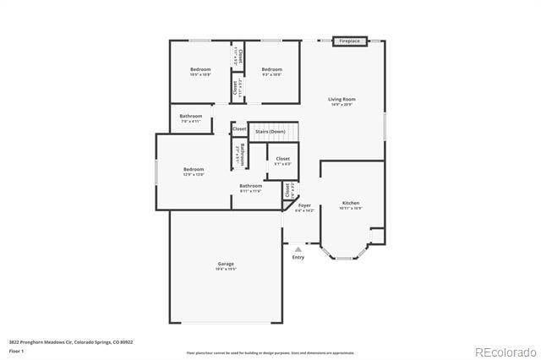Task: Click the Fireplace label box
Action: pyautogui.click(x=350, y=41)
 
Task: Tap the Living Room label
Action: pyautogui.click(x=342, y=99)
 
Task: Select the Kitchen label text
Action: pyautogui.click(x=351, y=203)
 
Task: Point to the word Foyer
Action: pyautogui.click(x=304, y=205)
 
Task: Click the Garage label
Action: pyautogui.click(x=225, y=264)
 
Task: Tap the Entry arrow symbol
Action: pyautogui.click(x=298, y=249)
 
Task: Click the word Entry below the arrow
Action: pyautogui.click(x=298, y=258)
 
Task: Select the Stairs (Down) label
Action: pyautogui.click(x=272, y=132)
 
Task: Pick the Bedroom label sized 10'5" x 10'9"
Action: pyautogui.click(x=200, y=69)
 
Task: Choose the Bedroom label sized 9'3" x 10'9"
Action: pyautogui.click(x=270, y=69)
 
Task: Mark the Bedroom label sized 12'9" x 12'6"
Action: pyautogui.click(x=194, y=169)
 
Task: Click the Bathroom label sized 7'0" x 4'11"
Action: pyautogui.click(x=190, y=116)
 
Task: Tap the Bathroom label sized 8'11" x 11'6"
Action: pyautogui.click(x=250, y=186)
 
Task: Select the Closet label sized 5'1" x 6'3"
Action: pyautogui.click(x=282, y=159)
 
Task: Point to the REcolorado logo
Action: pyautogui.click(x=505, y=352)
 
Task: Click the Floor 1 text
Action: pyautogui.click(x=16, y=350)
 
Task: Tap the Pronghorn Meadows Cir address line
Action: pyautogui.click(x=71, y=342)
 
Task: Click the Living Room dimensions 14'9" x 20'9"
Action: pyautogui.click(x=342, y=105)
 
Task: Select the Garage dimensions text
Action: pyautogui.click(x=225, y=269)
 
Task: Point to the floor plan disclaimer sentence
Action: pyautogui.click(x=270, y=352)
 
